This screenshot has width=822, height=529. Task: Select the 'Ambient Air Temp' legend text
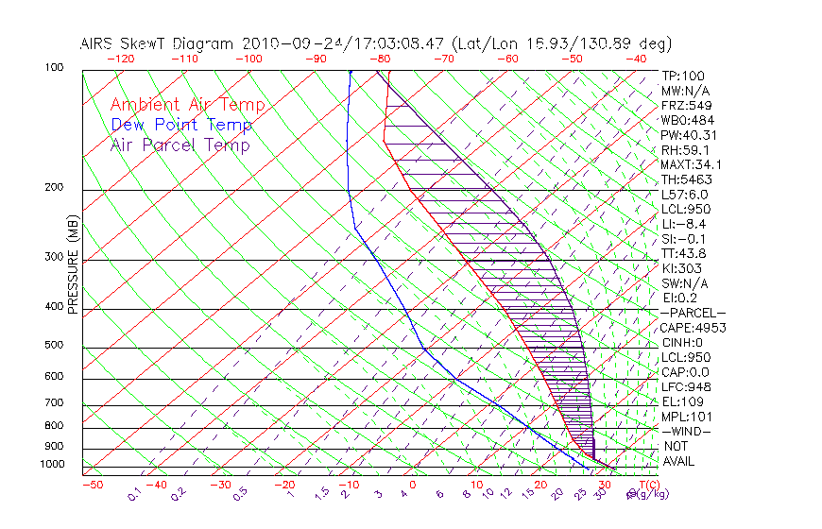click(187, 106)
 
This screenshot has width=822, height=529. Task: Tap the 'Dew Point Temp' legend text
click(181, 126)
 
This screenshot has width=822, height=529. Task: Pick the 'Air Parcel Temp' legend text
click(180, 145)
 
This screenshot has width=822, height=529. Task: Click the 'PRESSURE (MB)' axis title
click(73, 265)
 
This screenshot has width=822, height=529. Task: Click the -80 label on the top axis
click(382, 59)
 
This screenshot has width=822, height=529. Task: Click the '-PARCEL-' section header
click(693, 313)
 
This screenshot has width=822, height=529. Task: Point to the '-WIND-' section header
click(686, 432)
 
